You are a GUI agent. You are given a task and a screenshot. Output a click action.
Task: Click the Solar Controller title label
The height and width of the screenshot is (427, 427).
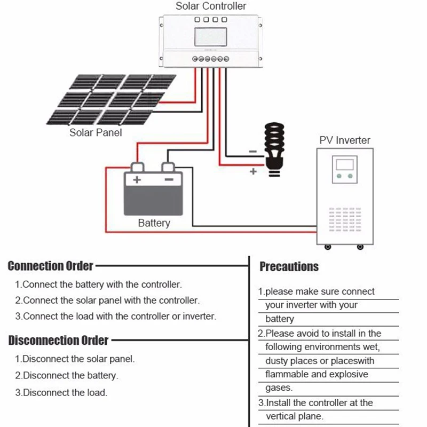point(211,6)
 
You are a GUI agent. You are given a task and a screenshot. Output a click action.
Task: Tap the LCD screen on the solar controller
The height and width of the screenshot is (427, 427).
point(210,37)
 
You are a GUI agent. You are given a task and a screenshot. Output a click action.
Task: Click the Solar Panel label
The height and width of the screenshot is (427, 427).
point(96,132)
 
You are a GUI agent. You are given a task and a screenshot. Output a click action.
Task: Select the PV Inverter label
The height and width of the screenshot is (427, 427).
point(345,140)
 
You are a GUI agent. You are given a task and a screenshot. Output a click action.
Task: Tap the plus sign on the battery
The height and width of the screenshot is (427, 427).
point(136,180)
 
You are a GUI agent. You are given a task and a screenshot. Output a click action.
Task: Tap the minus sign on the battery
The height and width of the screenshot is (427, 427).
point(169,180)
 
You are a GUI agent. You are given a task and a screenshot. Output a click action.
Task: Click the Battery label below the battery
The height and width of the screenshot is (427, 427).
point(154,223)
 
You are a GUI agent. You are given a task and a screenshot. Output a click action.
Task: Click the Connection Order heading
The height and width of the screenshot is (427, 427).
point(51,266)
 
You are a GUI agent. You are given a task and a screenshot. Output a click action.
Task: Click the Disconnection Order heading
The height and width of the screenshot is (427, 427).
point(58,340)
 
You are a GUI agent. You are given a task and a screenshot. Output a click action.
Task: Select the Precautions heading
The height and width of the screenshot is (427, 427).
point(289,266)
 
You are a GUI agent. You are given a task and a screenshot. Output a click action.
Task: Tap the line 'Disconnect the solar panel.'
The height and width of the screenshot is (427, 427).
point(78,359)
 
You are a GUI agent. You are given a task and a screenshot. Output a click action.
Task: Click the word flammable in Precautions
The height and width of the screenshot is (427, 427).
point(287,374)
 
